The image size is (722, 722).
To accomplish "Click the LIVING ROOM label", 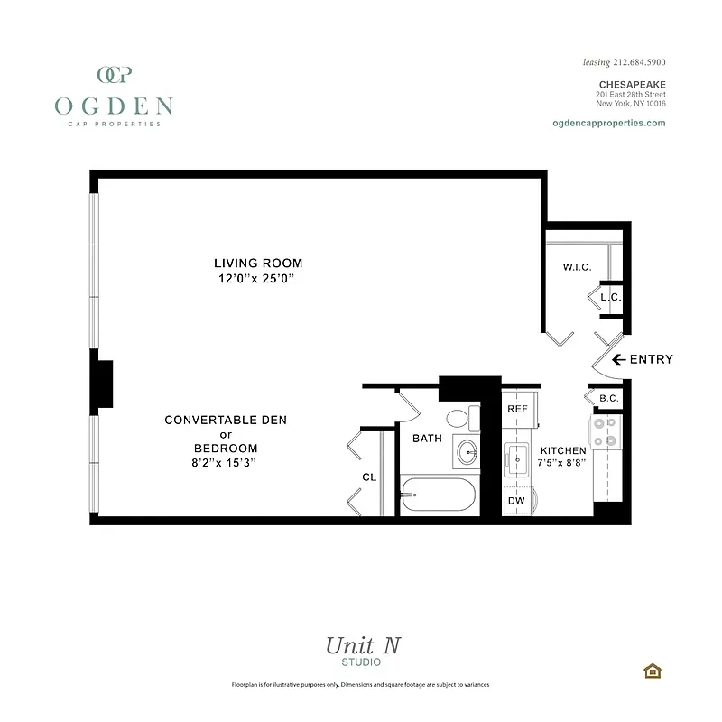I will pyautogui.click(x=258, y=264).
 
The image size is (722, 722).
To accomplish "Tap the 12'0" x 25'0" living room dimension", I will pyautogui.click(x=258, y=280).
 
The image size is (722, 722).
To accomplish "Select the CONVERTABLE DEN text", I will pyautogui.click(x=213, y=421).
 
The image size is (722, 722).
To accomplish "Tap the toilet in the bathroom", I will pyautogui.click(x=458, y=419).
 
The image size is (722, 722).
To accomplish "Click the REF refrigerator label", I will pyautogui.click(x=517, y=409).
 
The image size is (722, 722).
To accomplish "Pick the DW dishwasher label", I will pyautogui.click(x=516, y=500).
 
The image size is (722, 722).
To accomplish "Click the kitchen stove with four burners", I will pyautogui.click(x=606, y=431).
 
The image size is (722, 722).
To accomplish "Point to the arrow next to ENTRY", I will pyautogui.click(x=619, y=359).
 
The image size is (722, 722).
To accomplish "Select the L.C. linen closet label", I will pyautogui.click(x=610, y=297).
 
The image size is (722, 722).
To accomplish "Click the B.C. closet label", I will pyautogui.click(x=607, y=397).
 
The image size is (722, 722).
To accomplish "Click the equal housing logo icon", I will pyautogui.click(x=650, y=670).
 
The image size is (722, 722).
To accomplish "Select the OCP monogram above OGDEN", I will pyautogui.click(x=114, y=75).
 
